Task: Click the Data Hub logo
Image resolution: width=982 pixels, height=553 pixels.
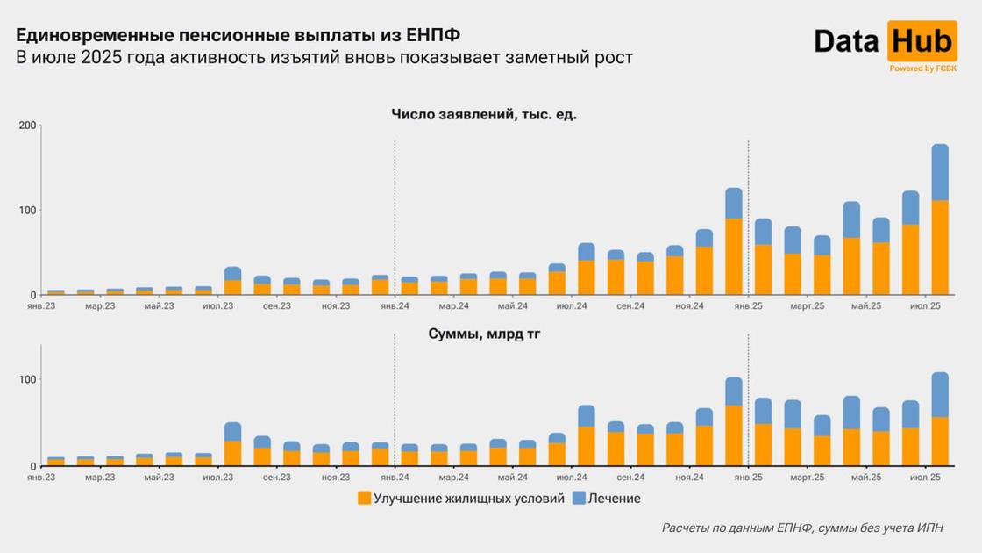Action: (886, 41)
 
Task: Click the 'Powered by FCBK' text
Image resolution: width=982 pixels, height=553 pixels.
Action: (923, 68)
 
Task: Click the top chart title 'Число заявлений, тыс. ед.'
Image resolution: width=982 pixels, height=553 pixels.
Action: (484, 115)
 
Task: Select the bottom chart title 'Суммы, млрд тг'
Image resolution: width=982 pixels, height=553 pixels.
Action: (484, 334)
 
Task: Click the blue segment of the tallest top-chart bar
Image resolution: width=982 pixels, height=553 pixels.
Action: (940, 172)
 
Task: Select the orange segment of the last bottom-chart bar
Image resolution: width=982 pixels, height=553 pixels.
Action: (940, 442)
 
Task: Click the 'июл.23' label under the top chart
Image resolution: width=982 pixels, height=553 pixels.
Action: (217, 306)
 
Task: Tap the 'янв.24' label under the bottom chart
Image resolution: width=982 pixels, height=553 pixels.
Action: (395, 478)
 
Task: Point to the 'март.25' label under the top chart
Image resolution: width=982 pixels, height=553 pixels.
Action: (807, 306)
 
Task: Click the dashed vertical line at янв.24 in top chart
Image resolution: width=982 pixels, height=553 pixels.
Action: (395, 219)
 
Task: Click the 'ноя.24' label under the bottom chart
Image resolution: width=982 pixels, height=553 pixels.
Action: (689, 478)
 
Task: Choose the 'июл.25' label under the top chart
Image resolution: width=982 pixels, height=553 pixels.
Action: (925, 306)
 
